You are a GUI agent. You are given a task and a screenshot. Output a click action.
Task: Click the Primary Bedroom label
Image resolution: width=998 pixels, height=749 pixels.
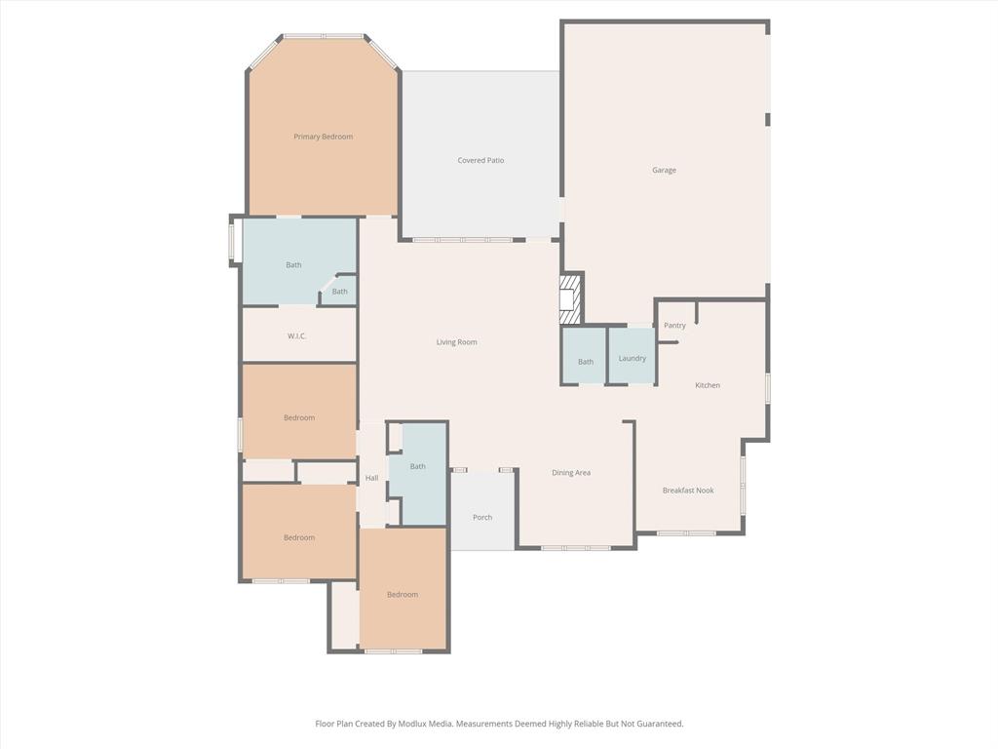323,137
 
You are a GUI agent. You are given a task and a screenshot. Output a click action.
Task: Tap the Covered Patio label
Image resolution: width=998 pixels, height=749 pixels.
480,160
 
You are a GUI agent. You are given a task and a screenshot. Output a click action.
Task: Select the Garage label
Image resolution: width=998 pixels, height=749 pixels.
664,170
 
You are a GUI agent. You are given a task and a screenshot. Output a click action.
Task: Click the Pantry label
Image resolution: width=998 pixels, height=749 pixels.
674,325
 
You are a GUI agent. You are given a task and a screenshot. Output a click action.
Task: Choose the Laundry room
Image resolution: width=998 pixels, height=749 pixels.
632,358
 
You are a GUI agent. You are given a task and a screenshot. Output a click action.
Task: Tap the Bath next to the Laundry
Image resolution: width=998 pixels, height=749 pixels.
585,362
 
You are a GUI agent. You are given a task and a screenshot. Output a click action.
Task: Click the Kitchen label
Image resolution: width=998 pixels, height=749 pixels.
708,385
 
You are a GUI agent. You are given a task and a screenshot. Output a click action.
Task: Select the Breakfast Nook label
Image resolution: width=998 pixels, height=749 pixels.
688,491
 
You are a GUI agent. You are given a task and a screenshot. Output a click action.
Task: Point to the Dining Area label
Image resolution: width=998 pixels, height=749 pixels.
571,473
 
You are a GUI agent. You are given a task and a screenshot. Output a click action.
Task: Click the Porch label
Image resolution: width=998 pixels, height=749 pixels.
482,517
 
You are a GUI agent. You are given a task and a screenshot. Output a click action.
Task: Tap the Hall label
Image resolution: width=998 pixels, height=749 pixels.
371,478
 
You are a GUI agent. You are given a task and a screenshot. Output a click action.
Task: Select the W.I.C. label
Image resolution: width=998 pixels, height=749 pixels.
297,336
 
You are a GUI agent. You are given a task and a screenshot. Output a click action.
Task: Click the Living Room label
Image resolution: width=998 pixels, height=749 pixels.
456,342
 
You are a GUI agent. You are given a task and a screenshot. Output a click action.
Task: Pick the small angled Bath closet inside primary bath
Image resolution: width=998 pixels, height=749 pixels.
339,292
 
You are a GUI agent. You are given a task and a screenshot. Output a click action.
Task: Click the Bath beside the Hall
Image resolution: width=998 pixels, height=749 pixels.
417,466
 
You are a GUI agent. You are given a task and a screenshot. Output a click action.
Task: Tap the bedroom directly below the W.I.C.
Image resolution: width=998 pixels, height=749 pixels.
299,417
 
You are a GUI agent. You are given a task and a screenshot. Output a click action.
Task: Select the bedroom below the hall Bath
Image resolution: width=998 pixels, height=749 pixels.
403,594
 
